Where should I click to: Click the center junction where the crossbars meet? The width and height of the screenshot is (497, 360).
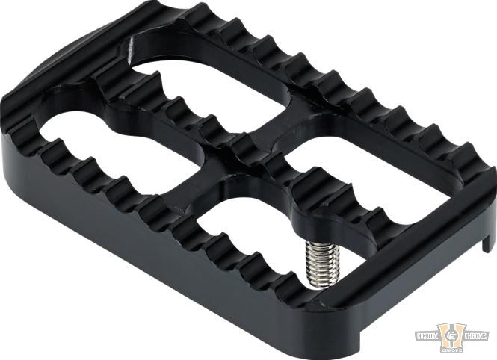pos(235,149)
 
